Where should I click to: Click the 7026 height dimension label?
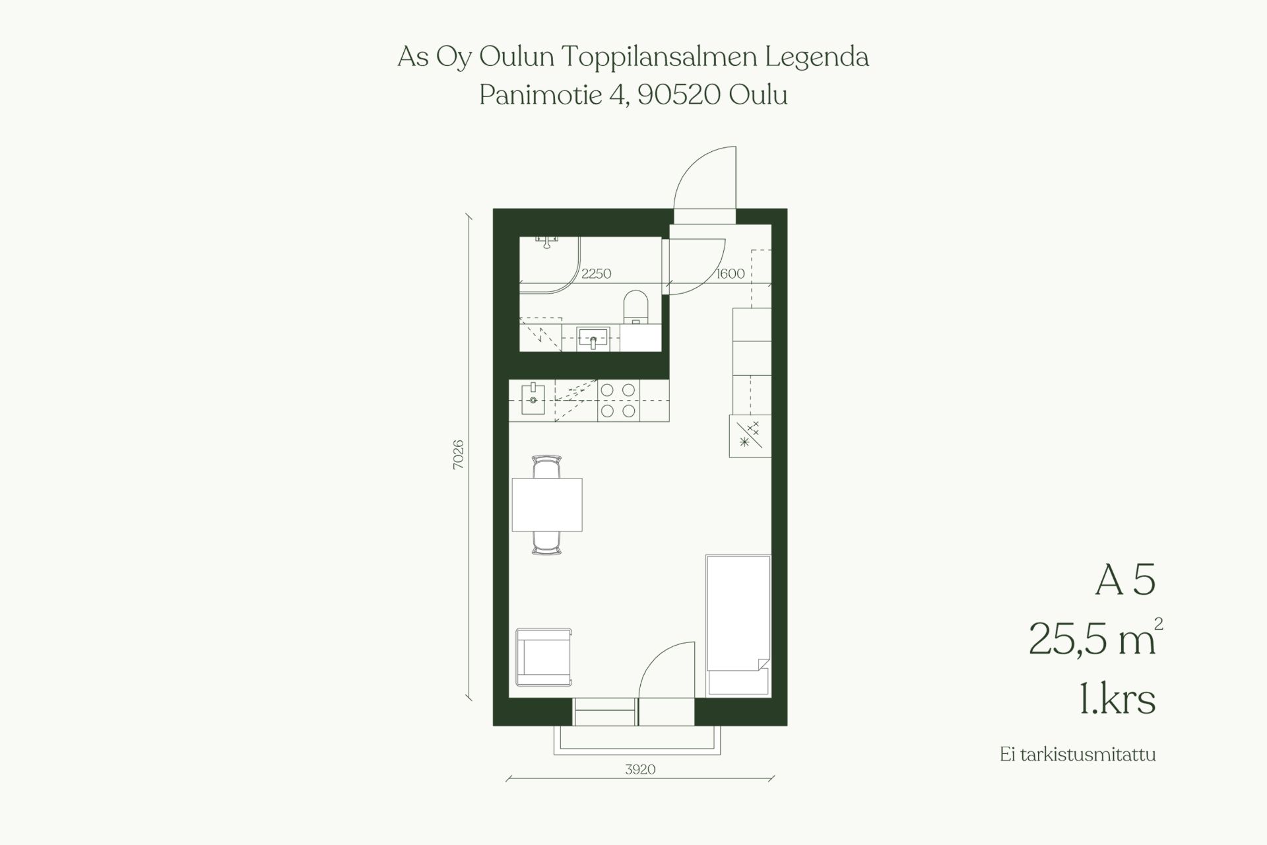coord(458,454)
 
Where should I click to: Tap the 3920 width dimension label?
coord(640,769)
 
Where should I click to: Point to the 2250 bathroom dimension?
coord(596,273)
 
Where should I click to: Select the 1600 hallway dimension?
coord(731,273)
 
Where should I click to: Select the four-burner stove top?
coord(618,401)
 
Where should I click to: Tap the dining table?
coord(547,504)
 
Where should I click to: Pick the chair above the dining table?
coord(547,467)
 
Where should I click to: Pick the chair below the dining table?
coord(547,543)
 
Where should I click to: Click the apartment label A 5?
coord(1125,580)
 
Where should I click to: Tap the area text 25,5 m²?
coord(1095,638)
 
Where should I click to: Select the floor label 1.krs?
coord(1117,700)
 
